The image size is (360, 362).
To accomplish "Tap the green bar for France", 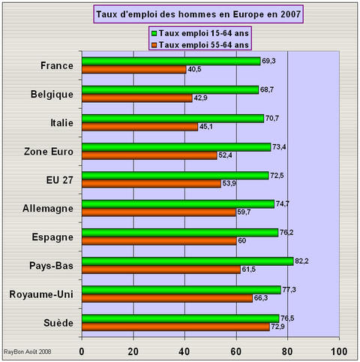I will tap(171, 61).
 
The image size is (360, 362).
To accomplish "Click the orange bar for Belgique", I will tap(136, 98).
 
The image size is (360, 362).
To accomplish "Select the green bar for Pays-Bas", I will tap(187, 261).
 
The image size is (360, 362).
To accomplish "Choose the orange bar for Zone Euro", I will tap(149, 155).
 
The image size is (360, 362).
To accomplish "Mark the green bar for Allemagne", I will tap(178, 204).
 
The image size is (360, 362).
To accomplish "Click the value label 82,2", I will tap(302, 261).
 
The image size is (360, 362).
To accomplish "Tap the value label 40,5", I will tap(195, 70).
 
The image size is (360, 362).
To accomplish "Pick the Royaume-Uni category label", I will tap(41, 293).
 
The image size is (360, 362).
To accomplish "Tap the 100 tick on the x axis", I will tap(339, 351).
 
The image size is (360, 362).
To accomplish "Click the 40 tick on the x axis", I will tap(184, 351).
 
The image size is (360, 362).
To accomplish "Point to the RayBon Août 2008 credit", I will tap(28, 351).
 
